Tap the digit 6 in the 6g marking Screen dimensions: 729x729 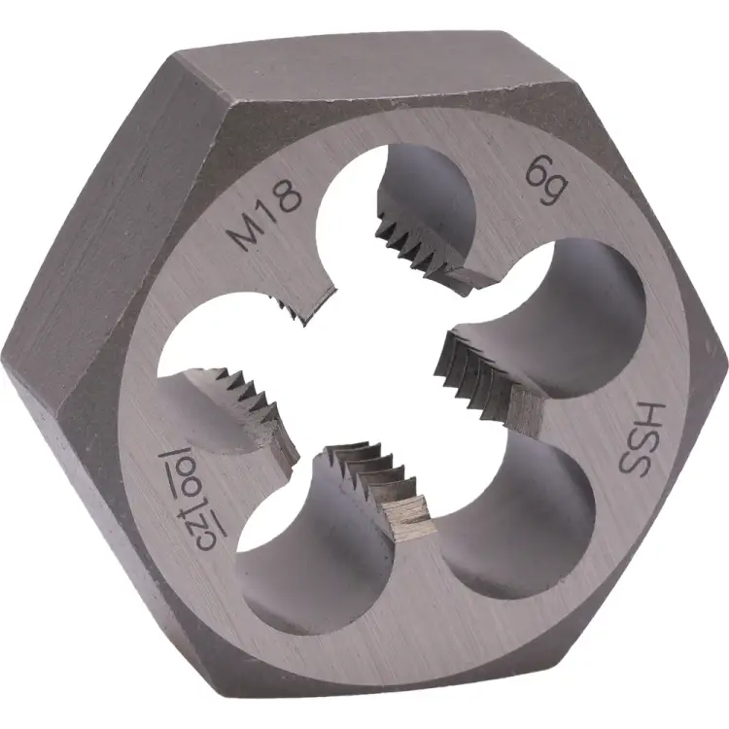pos(536,172)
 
